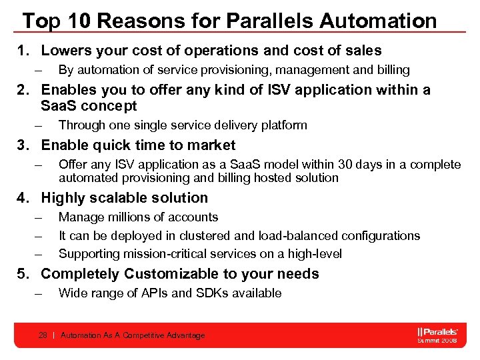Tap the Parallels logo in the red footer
[x=437, y=331]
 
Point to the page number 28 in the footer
[x=43, y=335]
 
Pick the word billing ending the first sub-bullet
[x=393, y=70]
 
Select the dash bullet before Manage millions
[x=39, y=217]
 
